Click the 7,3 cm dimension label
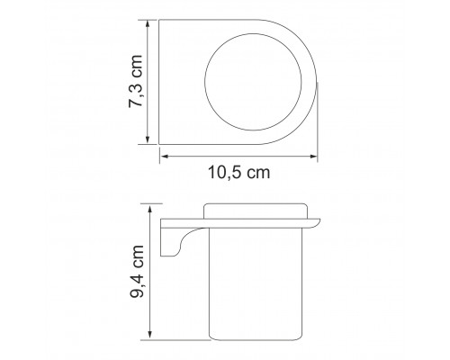(x=135, y=81)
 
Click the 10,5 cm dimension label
(x=239, y=173)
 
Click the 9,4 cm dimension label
(x=137, y=272)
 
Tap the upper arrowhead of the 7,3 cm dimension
(x=148, y=23)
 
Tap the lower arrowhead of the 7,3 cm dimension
(x=148, y=140)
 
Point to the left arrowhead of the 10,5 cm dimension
(x=164, y=157)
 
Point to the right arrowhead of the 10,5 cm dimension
(x=313, y=157)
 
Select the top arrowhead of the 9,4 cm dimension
(x=150, y=208)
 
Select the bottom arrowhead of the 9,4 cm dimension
(x=150, y=336)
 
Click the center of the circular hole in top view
(x=253, y=82)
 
